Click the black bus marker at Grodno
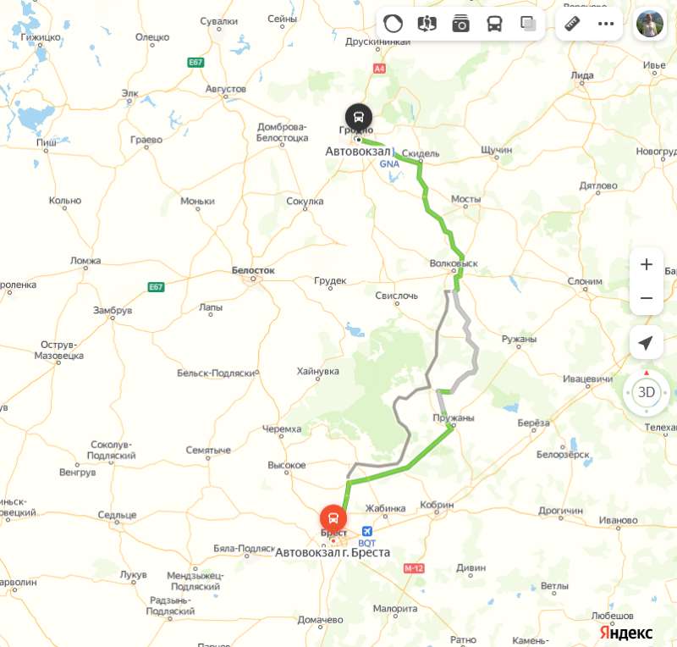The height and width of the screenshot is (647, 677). coord(359,116)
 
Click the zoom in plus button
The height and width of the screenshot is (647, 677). coord(647,264)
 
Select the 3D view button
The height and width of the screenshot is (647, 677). coord(647,392)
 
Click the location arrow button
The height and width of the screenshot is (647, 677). coord(647,343)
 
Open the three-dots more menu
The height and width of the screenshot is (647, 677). coord(606,24)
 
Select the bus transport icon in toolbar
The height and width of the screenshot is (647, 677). coord(494,24)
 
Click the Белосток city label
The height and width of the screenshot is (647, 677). coord(254,270)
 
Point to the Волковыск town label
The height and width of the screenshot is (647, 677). coord(454,263)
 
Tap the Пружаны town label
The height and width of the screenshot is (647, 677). coord(453,418)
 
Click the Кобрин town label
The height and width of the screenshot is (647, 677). coord(437,506)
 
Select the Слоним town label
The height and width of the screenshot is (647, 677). coord(585,281)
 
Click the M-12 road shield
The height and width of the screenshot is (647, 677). coord(414,568)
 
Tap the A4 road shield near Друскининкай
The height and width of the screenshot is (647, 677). coord(379,68)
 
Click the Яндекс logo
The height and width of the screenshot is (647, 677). coord(626,633)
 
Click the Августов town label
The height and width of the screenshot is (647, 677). coord(226,89)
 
